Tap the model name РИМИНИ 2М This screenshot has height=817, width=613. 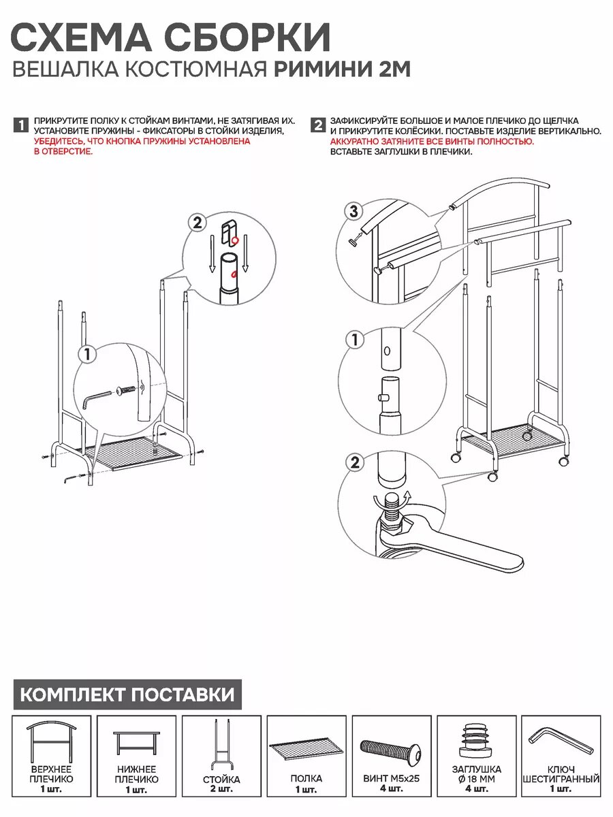343,69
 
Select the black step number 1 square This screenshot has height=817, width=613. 21,125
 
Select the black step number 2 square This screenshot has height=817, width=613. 317,125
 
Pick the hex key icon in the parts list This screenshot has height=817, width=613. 561,739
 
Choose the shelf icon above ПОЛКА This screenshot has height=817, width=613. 306,747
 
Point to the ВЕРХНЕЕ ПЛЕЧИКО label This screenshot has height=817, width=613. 51,774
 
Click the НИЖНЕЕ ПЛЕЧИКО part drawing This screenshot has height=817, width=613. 136,743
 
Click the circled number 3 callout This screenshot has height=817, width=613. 354,212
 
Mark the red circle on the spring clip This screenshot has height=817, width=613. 235,240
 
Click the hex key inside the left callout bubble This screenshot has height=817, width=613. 97,398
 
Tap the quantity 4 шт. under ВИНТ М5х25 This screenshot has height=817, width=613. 391,788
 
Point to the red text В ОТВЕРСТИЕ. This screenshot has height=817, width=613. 63,151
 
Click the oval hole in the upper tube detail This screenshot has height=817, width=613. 387,351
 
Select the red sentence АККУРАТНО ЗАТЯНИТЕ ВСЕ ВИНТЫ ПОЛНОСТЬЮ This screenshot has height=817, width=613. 432,142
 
